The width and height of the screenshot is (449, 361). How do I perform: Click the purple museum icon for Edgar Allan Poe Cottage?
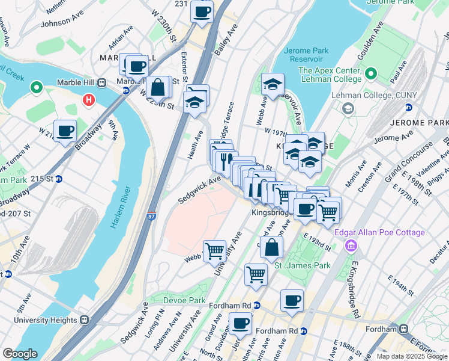click(x=352, y=246)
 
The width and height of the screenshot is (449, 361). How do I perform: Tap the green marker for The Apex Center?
click(x=371, y=75)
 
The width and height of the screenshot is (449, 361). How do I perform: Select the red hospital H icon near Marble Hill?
click(x=89, y=99)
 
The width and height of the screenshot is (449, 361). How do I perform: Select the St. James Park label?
click(x=303, y=265)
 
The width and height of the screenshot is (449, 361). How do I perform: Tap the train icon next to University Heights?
click(x=85, y=319)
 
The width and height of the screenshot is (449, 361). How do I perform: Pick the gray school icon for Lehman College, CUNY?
click(x=347, y=109)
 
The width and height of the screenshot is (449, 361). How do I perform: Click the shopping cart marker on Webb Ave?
click(x=214, y=251)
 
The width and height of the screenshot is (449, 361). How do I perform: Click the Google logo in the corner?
click(x=20, y=354)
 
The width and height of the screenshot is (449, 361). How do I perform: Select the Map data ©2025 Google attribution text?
click(x=411, y=356)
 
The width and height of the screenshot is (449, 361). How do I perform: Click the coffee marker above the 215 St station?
click(x=65, y=130)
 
